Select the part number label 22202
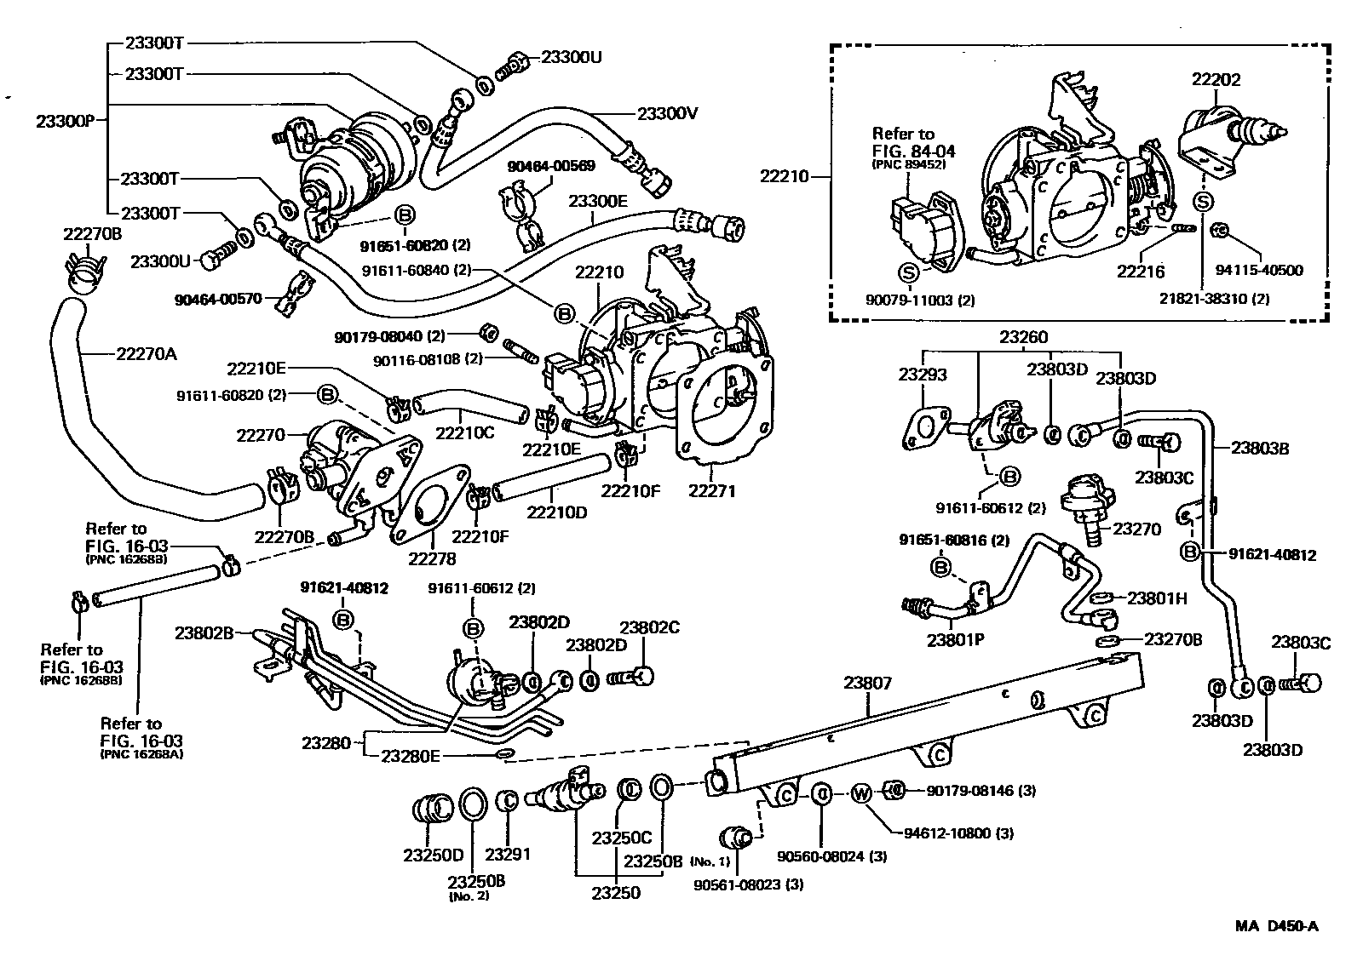1216,79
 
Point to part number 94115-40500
1259,271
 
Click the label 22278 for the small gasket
432,558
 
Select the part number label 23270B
1172,638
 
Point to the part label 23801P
956,639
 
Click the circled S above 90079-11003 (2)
909,272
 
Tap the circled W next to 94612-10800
860,793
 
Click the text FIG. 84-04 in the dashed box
913,152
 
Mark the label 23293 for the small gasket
923,374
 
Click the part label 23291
509,854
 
